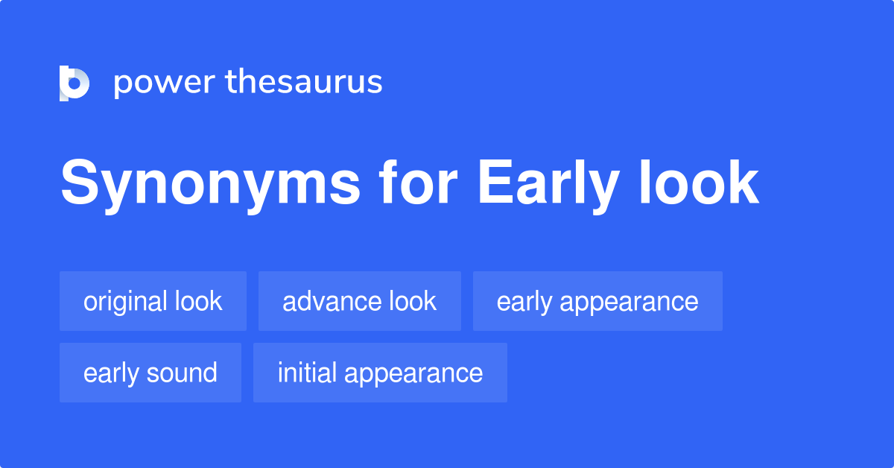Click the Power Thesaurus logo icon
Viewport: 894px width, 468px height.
(x=74, y=83)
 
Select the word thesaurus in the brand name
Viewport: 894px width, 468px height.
(x=304, y=82)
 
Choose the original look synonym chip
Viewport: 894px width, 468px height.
(x=153, y=301)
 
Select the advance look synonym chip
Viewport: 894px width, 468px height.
(x=360, y=301)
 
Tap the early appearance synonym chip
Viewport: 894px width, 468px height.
(x=597, y=301)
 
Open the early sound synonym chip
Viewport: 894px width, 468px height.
(x=150, y=373)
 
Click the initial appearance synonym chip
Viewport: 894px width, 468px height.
(x=380, y=373)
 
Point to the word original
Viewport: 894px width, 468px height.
(x=125, y=301)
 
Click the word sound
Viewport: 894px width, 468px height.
(x=183, y=373)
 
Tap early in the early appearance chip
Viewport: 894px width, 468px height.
(x=524, y=301)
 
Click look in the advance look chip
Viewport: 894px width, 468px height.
(x=412, y=301)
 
